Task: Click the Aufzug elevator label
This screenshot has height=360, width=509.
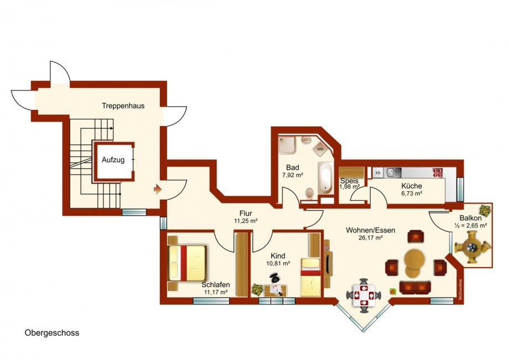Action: (x=113, y=160)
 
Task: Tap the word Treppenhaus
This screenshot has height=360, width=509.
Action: (x=123, y=105)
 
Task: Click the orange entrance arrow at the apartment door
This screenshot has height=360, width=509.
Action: (x=157, y=190)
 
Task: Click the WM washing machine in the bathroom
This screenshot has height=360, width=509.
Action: (x=320, y=148)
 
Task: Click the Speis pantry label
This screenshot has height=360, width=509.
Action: (x=349, y=181)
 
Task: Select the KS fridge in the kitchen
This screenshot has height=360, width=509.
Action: (x=378, y=173)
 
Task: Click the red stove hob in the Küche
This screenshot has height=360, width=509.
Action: (x=438, y=172)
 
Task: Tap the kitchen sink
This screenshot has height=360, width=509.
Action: (x=393, y=172)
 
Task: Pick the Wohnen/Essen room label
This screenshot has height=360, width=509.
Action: (x=370, y=230)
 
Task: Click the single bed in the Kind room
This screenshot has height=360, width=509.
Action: (x=310, y=276)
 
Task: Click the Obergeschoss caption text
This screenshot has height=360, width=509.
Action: (x=52, y=333)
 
